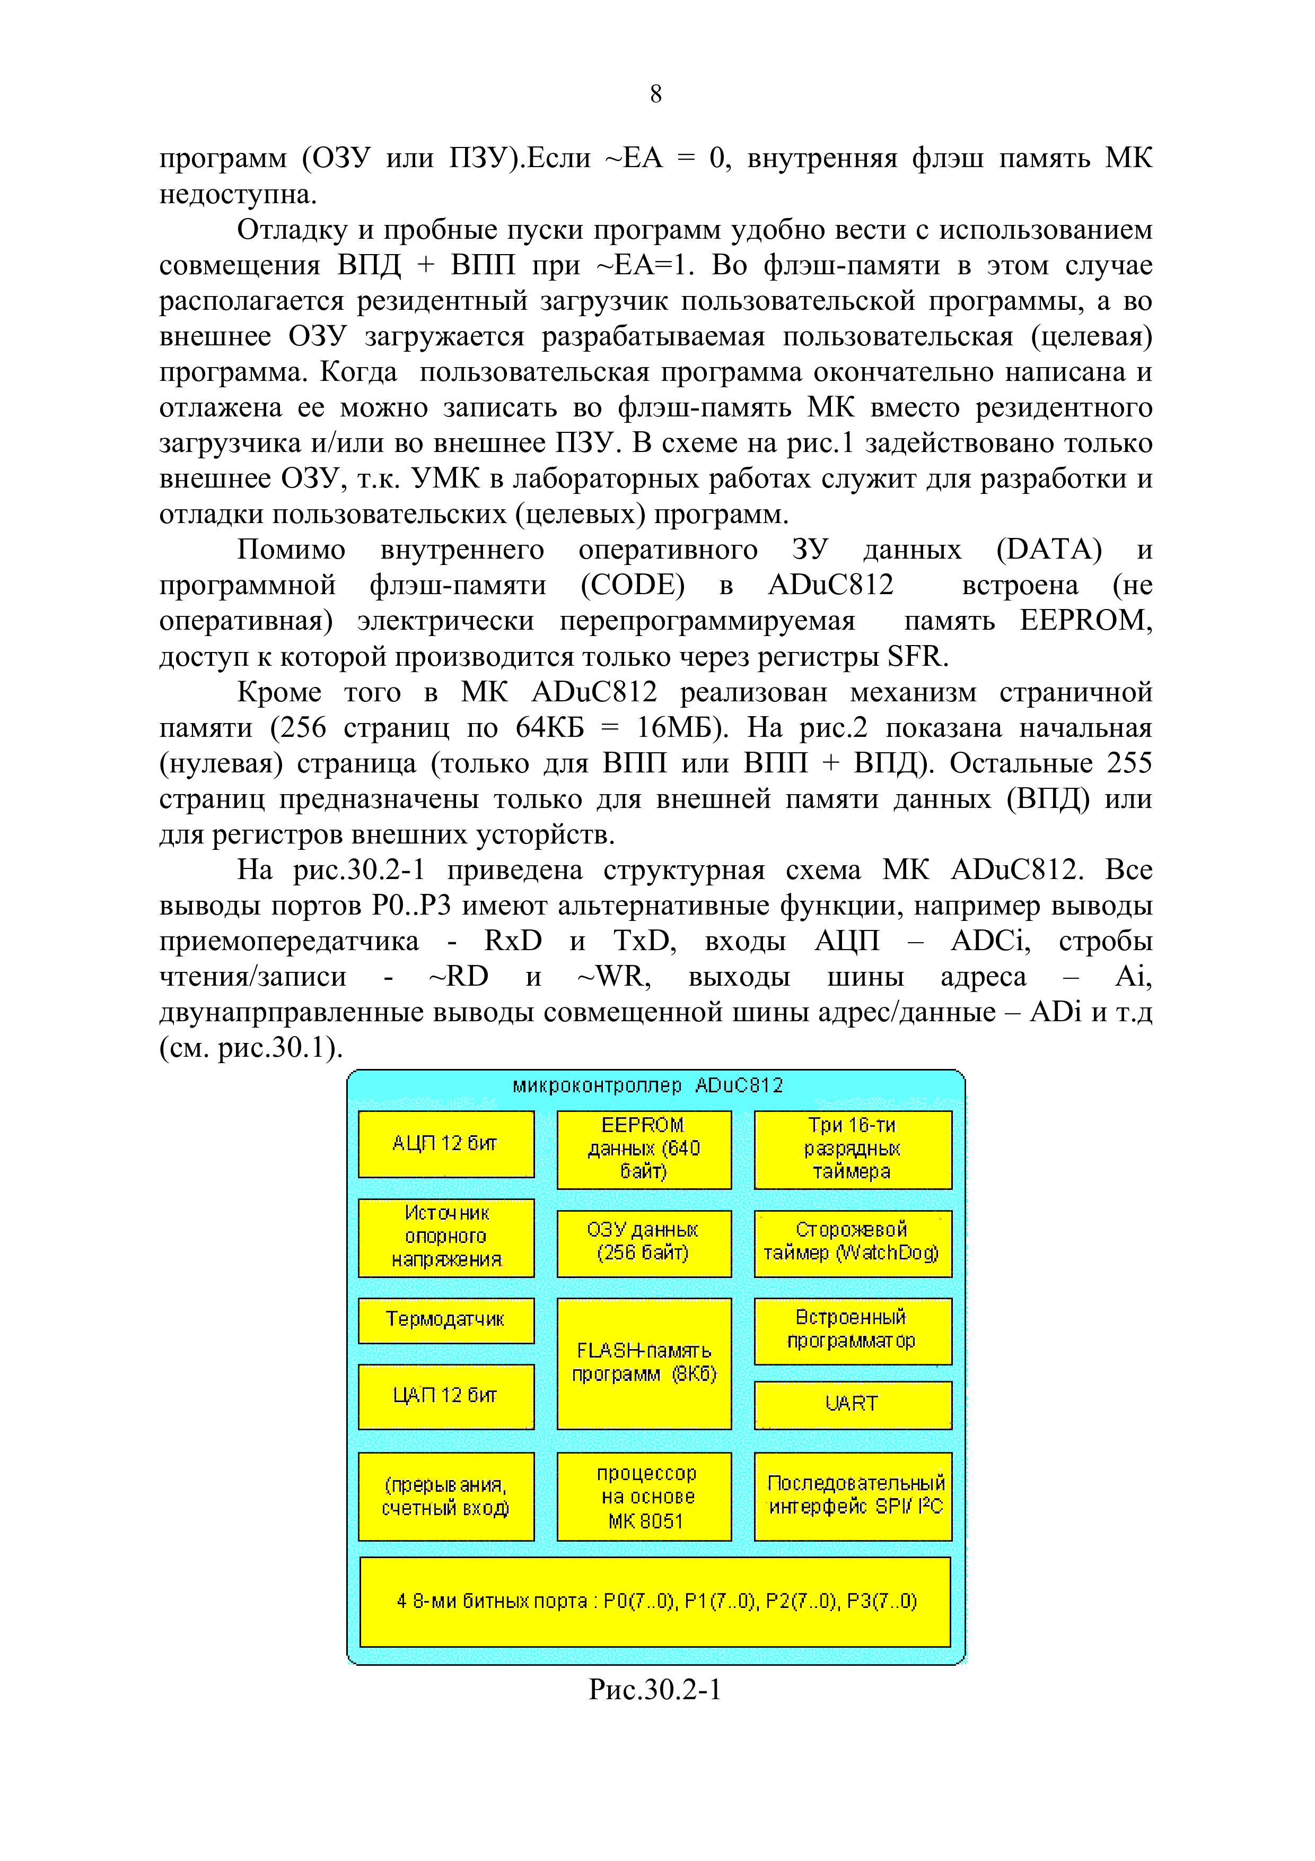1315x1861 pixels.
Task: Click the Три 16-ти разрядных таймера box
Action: pos(852,1149)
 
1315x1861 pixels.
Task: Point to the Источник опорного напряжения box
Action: pos(445,1237)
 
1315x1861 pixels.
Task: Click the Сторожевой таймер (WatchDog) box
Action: pos(852,1242)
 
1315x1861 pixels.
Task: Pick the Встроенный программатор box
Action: pos(852,1330)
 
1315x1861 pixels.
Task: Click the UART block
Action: pos(852,1404)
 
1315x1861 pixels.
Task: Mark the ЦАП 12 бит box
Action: pos(445,1396)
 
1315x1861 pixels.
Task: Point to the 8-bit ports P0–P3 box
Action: pos(655,1602)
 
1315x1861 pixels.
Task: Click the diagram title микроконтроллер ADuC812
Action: pos(648,1085)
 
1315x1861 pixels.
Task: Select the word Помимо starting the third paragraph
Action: pos(291,550)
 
